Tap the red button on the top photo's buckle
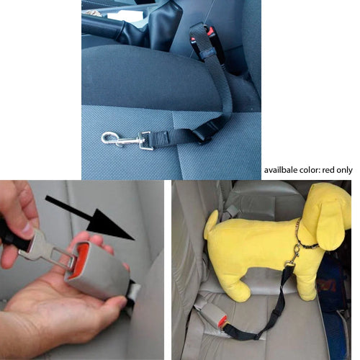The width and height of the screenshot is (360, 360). pos(210,32)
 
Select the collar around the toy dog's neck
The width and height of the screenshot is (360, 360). pos(305,240)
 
